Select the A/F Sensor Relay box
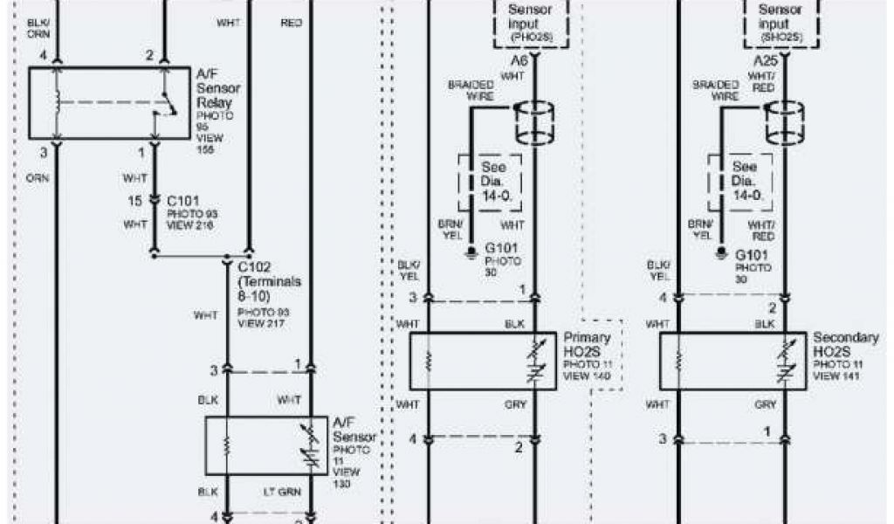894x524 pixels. (x=109, y=103)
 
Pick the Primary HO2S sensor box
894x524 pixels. (x=482, y=361)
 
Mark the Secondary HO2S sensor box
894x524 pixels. (x=732, y=361)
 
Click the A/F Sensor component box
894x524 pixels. (x=266, y=445)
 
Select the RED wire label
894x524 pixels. (x=292, y=22)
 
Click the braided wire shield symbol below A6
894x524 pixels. (x=535, y=124)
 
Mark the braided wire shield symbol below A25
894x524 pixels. (x=783, y=124)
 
